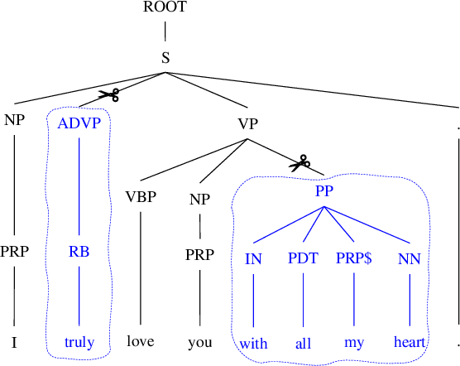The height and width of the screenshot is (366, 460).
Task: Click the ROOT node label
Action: (165, 7)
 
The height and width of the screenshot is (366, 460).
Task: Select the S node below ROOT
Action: (165, 58)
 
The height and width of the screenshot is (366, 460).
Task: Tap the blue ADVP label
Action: (79, 123)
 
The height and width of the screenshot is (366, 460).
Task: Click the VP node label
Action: (247, 124)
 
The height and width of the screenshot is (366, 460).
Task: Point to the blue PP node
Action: (323, 190)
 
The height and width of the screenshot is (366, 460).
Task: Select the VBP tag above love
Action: (141, 198)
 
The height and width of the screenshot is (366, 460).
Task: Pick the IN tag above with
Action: (253, 258)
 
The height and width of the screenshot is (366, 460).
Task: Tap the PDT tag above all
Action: (303, 258)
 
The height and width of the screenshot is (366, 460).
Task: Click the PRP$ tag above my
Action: (354, 258)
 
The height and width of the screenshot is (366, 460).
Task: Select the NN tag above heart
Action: (410, 258)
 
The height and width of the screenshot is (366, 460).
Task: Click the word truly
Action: (79, 342)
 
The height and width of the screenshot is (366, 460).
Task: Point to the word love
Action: (141, 340)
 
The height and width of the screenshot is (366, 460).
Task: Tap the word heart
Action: (410, 342)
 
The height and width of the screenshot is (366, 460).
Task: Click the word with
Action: (253, 342)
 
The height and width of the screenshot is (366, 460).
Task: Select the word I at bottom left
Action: (14, 340)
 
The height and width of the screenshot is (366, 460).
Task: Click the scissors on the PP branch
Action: (299, 162)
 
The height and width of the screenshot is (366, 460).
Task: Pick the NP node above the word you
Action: (200, 199)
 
